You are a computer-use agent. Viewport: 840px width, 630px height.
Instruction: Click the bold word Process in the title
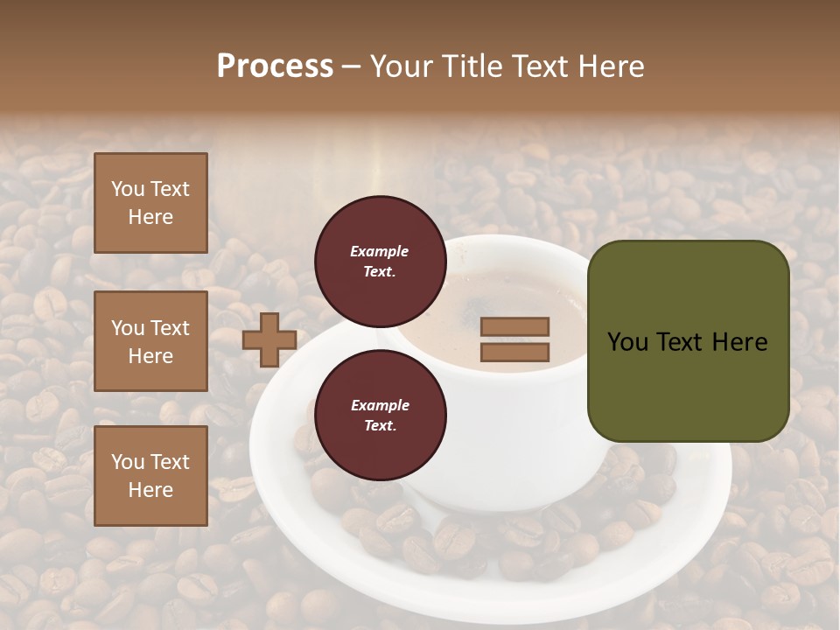point(275,66)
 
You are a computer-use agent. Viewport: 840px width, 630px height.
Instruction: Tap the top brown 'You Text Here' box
point(150,203)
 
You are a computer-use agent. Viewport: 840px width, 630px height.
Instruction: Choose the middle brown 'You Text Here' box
point(150,341)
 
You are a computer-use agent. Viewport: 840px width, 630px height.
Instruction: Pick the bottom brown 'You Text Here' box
point(150,476)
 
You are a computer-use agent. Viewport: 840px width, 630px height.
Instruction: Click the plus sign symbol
point(269,339)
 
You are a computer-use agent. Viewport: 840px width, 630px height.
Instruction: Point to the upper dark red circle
point(380,262)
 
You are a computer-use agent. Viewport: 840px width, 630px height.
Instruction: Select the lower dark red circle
point(380,415)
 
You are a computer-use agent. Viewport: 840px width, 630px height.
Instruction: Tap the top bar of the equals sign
point(514,327)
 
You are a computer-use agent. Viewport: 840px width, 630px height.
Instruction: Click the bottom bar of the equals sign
point(514,353)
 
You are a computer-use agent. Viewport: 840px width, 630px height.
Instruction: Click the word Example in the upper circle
point(380,251)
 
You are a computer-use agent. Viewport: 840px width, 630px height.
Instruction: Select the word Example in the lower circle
point(380,405)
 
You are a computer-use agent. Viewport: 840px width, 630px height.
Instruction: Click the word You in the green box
point(626,342)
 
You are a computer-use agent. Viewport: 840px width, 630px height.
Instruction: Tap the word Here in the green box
point(739,342)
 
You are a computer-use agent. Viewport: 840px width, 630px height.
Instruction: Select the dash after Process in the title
point(352,66)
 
